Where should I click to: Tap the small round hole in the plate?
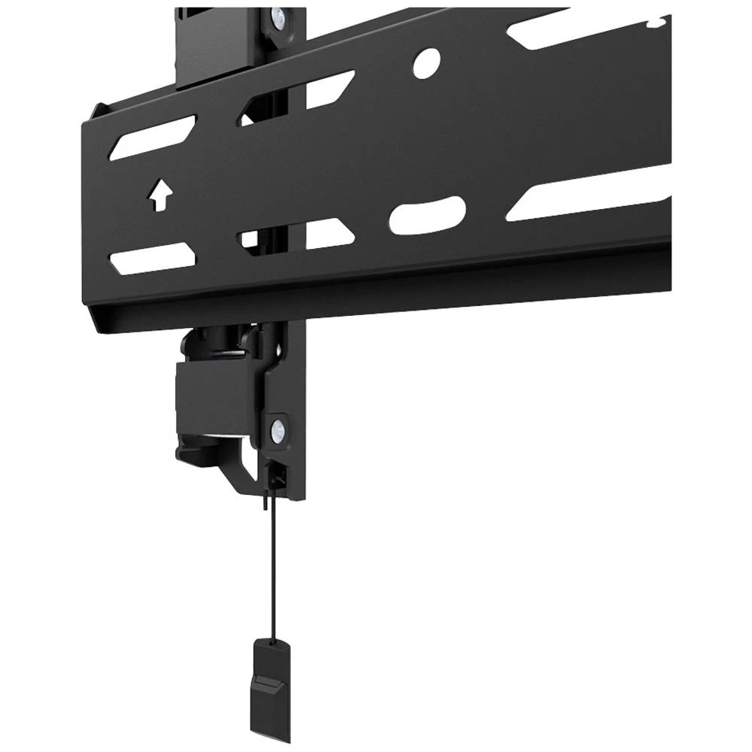(426, 63)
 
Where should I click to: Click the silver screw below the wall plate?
(278, 430)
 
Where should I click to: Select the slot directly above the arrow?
(153, 137)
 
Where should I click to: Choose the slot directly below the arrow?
(153, 258)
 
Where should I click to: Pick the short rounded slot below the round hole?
(427, 215)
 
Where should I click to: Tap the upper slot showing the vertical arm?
(298, 98)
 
